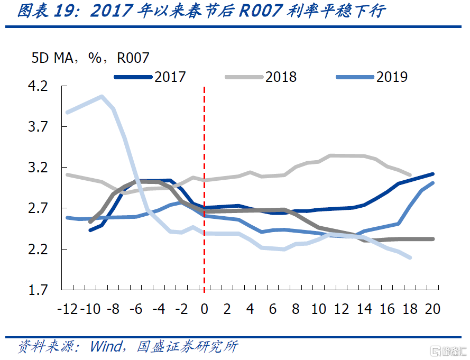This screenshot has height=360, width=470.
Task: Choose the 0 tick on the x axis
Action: tap(205, 309)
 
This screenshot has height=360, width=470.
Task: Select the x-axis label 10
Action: tap(318, 309)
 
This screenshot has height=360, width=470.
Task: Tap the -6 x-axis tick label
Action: tap(136, 309)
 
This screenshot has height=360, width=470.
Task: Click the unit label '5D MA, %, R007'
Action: tap(90, 58)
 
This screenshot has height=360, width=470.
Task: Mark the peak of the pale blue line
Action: tap(102, 96)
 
